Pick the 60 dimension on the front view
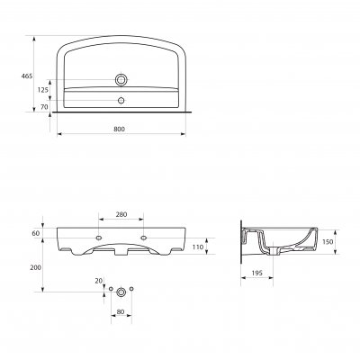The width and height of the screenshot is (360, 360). click(x=36, y=233)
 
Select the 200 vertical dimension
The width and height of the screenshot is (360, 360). click(x=33, y=268)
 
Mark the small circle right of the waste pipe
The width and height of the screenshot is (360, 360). click(x=132, y=288)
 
